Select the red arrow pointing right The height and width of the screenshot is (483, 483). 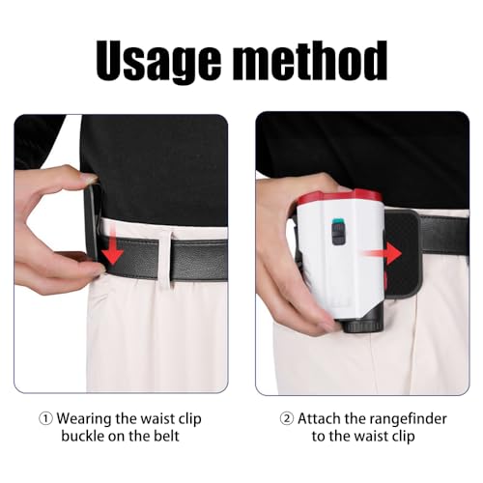381,253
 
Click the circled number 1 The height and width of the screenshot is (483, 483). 45,419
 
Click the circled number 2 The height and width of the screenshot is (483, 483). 287,419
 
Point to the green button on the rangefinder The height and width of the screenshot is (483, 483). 338,221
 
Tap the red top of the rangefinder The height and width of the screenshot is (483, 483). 339,196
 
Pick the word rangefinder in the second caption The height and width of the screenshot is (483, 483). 408,418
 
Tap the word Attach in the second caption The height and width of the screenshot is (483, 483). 318,418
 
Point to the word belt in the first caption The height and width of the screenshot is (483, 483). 166,436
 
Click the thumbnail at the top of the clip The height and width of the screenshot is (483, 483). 90,178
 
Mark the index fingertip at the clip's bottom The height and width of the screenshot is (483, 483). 99,271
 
